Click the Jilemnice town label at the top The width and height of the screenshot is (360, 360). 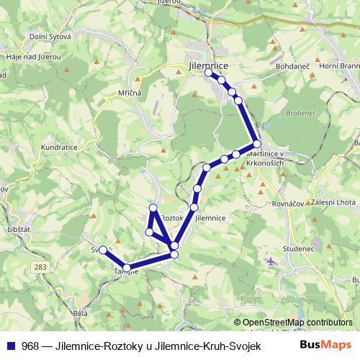point(207,64)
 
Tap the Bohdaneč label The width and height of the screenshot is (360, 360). point(292,66)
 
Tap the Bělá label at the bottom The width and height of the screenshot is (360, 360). point(81,314)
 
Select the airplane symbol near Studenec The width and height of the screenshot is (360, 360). point(271,260)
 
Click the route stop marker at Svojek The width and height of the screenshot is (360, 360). point(103,251)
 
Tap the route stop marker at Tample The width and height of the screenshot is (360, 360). point(127,268)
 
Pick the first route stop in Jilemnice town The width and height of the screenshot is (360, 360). point(208,73)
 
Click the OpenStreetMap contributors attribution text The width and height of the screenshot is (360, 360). point(297,322)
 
